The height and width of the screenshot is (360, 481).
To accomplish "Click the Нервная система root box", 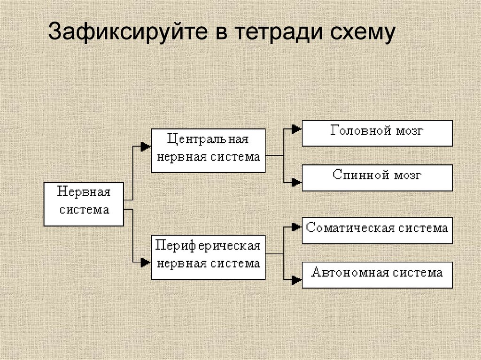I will (x=84, y=204).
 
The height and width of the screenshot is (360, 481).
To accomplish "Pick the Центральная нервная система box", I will (x=208, y=150).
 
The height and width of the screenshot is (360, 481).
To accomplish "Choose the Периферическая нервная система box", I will (x=208, y=258).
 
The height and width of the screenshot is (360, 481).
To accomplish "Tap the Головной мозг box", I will (x=377, y=133).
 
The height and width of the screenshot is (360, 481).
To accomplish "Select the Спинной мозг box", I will (x=377, y=178).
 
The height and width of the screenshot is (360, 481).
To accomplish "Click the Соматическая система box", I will (x=377, y=230).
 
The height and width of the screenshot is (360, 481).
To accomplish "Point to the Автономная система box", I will (x=377, y=275).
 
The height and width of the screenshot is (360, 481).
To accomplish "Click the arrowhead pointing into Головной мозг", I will (x=296, y=129).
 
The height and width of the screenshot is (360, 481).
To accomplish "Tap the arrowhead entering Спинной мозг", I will (x=296, y=182).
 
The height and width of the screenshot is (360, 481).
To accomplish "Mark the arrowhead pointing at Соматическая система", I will (x=296, y=227).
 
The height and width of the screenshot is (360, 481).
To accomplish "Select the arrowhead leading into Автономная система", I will (x=296, y=280).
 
